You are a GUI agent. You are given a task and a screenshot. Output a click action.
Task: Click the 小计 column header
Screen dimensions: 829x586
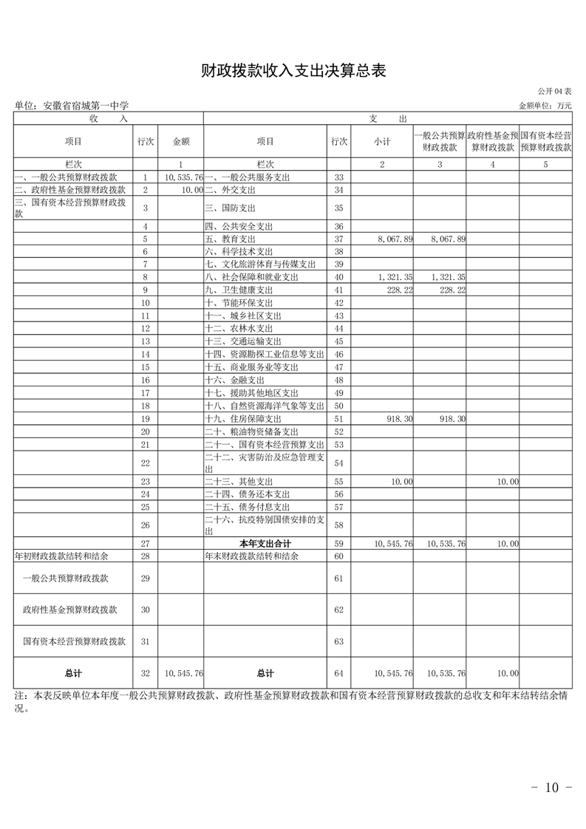382,141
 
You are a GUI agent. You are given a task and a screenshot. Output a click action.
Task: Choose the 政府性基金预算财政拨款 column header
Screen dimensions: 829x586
492,141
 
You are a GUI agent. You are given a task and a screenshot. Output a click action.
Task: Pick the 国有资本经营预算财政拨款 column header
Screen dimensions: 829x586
545,141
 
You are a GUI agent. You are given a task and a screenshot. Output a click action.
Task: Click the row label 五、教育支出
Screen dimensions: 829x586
230,239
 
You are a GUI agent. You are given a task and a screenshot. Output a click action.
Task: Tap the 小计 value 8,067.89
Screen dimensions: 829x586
394,239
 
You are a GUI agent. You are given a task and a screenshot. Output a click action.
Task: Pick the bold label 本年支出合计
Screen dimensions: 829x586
265,544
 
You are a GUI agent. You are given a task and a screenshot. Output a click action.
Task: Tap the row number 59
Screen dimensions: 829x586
339,544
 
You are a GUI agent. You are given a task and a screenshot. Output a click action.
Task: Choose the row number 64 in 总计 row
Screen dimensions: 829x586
339,673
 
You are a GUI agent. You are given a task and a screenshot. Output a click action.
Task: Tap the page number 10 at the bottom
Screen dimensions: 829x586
552,788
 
